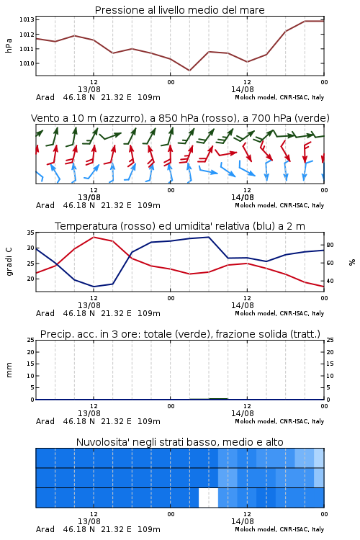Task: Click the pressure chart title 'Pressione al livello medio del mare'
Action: [x=179, y=10]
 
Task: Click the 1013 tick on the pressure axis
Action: [x=27, y=19]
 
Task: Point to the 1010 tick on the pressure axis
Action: [x=27, y=63]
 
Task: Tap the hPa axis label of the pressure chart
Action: [x=9, y=45]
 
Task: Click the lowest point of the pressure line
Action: [x=189, y=71]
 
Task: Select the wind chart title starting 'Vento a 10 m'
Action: [x=180, y=118]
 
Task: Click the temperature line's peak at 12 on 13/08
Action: [x=94, y=237]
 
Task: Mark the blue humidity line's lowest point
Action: [x=94, y=287]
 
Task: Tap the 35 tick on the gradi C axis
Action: [x=31, y=233]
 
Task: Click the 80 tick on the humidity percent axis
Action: [x=330, y=245]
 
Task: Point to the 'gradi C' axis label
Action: [x=9, y=261]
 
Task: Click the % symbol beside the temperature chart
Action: [x=352, y=262]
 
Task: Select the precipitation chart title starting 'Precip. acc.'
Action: [x=180, y=334]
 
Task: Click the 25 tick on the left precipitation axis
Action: [x=31, y=340]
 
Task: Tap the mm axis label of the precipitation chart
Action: [x=9, y=370]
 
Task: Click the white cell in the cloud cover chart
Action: [x=208, y=498]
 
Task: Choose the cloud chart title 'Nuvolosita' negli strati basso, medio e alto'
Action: [x=180, y=442]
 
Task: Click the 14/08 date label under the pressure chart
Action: [x=243, y=89]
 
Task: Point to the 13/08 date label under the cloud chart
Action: [x=89, y=521]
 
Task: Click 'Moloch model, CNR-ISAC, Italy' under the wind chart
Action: [x=279, y=205]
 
